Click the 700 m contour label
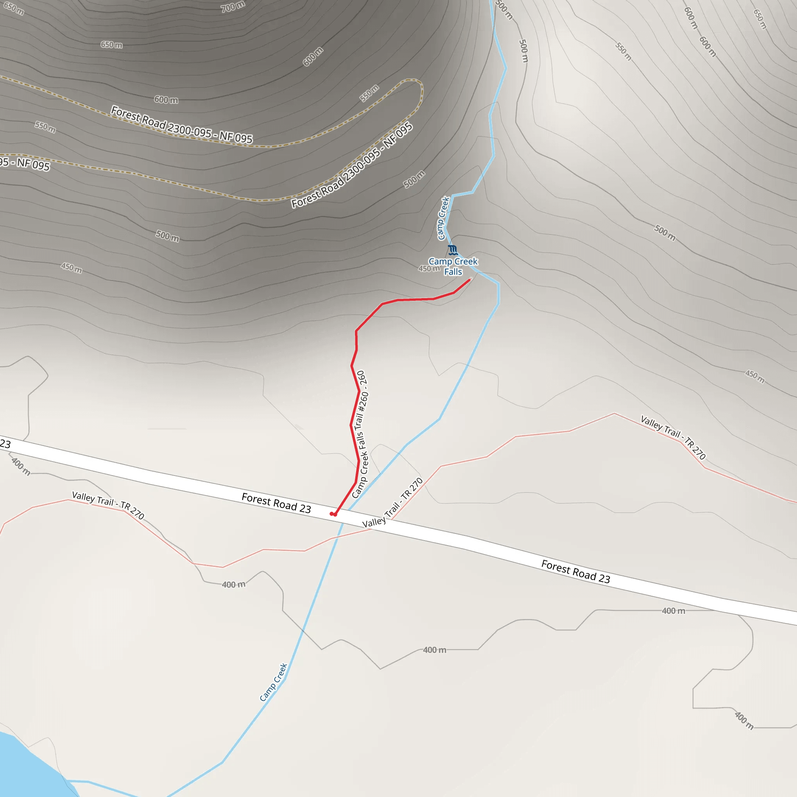coord(233,7)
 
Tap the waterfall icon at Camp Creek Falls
coord(453,250)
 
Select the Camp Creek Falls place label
coord(453,267)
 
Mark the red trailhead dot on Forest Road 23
coord(334,514)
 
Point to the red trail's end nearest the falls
coord(469,280)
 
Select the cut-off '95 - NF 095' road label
coord(25,163)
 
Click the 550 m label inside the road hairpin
coord(369,93)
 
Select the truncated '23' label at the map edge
coord(5,444)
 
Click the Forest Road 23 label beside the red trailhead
coord(276,503)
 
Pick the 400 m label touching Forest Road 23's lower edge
coord(673,611)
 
